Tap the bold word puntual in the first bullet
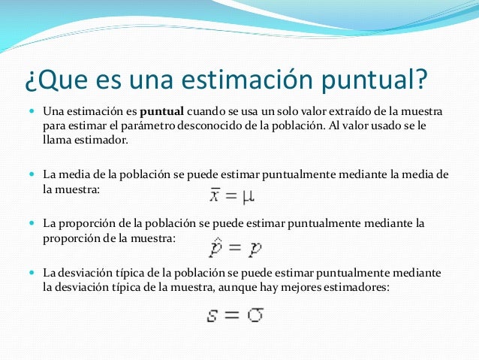click(x=162, y=111)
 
